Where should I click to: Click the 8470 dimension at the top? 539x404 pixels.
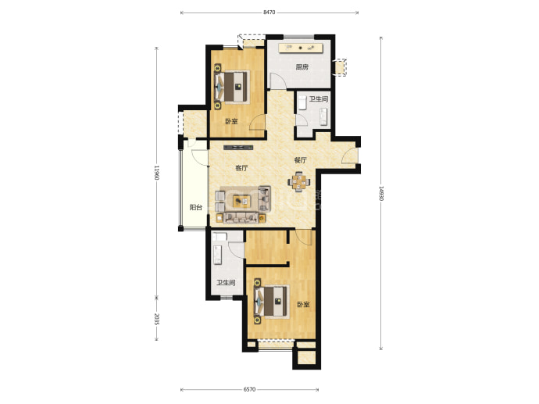[x=269, y=13]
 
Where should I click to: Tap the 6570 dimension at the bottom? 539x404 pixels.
[x=249, y=390]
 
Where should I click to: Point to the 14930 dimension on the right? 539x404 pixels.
[x=381, y=194]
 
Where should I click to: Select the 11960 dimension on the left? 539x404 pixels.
[x=156, y=173]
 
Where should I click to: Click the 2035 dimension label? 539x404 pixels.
[x=156, y=319]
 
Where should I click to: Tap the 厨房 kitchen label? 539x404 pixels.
[x=302, y=67]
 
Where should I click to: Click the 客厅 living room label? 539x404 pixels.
[x=241, y=168]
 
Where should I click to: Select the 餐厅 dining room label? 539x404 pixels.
[x=300, y=160]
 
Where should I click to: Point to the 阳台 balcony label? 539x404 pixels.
[x=196, y=207]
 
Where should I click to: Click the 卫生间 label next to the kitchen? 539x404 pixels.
[x=319, y=99]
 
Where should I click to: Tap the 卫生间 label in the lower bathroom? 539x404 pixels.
[x=226, y=283]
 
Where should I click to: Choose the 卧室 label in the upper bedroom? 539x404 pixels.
[x=232, y=121]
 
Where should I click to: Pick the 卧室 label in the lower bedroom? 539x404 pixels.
[x=303, y=305]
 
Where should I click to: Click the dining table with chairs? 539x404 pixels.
[x=299, y=182]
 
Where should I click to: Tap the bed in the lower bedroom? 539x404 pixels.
[x=271, y=302]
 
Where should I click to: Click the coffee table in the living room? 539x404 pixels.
[x=242, y=201]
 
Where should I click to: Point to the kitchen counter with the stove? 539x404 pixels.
[x=301, y=48]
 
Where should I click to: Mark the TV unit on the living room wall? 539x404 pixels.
[x=238, y=148]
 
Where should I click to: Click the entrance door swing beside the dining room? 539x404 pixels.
[x=350, y=156]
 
